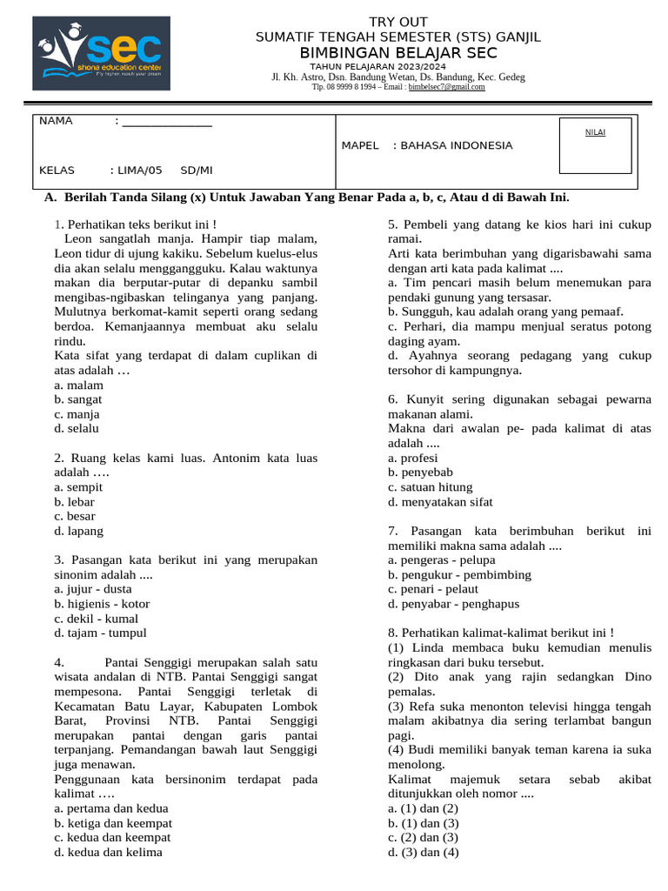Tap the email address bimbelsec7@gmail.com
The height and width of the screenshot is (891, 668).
(x=447, y=87)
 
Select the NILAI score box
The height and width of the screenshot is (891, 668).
(x=595, y=145)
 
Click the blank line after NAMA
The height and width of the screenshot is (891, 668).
(x=167, y=122)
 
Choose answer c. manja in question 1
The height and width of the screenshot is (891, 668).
(x=77, y=414)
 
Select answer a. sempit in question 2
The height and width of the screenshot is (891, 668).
(x=77, y=487)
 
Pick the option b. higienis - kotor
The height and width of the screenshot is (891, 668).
(x=102, y=604)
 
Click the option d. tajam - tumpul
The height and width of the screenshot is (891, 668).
(x=100, y=633)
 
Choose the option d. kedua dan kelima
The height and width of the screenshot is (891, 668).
(x=108, y=853)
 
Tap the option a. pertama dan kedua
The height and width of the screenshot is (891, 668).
(x=110, y=808)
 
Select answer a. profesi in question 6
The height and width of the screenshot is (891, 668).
(x=413, y=458)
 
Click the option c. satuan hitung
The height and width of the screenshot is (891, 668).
(x=431, y=487)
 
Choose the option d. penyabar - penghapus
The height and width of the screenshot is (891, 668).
(x=453, y=604)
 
